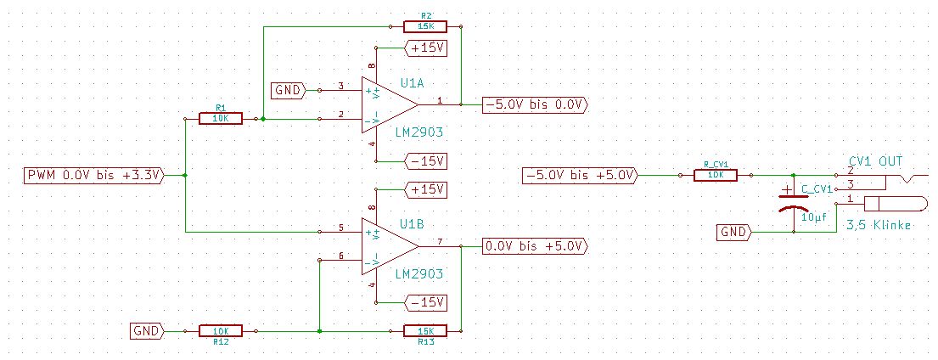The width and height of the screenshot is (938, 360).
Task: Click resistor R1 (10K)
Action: (x=220, y=119)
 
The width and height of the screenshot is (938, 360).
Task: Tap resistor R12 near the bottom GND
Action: (x=220, y=330)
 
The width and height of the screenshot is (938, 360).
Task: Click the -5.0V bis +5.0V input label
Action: (x=578, y=176)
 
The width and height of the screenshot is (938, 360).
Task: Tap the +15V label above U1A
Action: (x=427, y=48)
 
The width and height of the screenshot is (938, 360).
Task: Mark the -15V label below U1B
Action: (x=427, y=302)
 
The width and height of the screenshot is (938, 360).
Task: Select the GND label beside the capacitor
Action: (x=734, y=231)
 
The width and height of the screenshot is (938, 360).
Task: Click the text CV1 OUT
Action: (x=875, y=160)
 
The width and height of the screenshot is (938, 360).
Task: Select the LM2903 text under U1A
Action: (x=418, y=132)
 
